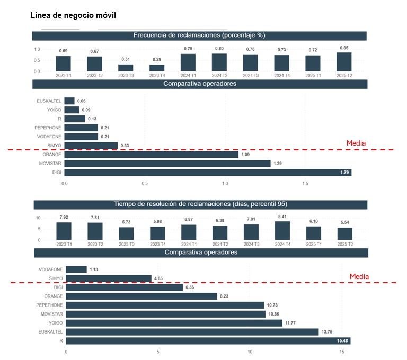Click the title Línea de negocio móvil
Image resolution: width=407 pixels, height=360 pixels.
coord(73,15)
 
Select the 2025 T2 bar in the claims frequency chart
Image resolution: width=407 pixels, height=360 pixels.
coord(344,62)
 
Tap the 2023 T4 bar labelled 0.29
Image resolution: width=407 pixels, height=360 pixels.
coord(157,68)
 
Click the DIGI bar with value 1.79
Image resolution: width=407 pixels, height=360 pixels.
coord(208,172)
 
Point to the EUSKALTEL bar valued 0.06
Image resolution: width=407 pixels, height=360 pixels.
coord(69,101)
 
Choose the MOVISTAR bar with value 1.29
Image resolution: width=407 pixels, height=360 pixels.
coord(167,163)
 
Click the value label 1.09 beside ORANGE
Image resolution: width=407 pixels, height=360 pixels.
coord(246,155)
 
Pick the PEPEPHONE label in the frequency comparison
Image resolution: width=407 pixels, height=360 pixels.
coord(48,128)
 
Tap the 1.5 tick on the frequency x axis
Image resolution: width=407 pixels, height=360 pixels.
coord(305,184)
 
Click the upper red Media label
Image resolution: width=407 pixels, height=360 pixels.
coord(356,143)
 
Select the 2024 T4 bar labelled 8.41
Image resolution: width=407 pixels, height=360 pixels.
coord(282,231)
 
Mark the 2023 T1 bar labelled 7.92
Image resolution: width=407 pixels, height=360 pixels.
coord(64,231)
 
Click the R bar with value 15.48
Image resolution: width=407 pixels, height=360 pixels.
coord(208,341)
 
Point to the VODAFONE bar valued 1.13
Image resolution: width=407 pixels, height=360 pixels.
coord(76,269)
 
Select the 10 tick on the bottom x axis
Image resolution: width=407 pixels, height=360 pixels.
coord(250,351)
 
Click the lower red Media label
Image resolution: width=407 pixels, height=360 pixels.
coord(359,276)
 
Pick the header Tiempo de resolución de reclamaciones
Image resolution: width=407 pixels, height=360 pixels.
coord(200,204)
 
